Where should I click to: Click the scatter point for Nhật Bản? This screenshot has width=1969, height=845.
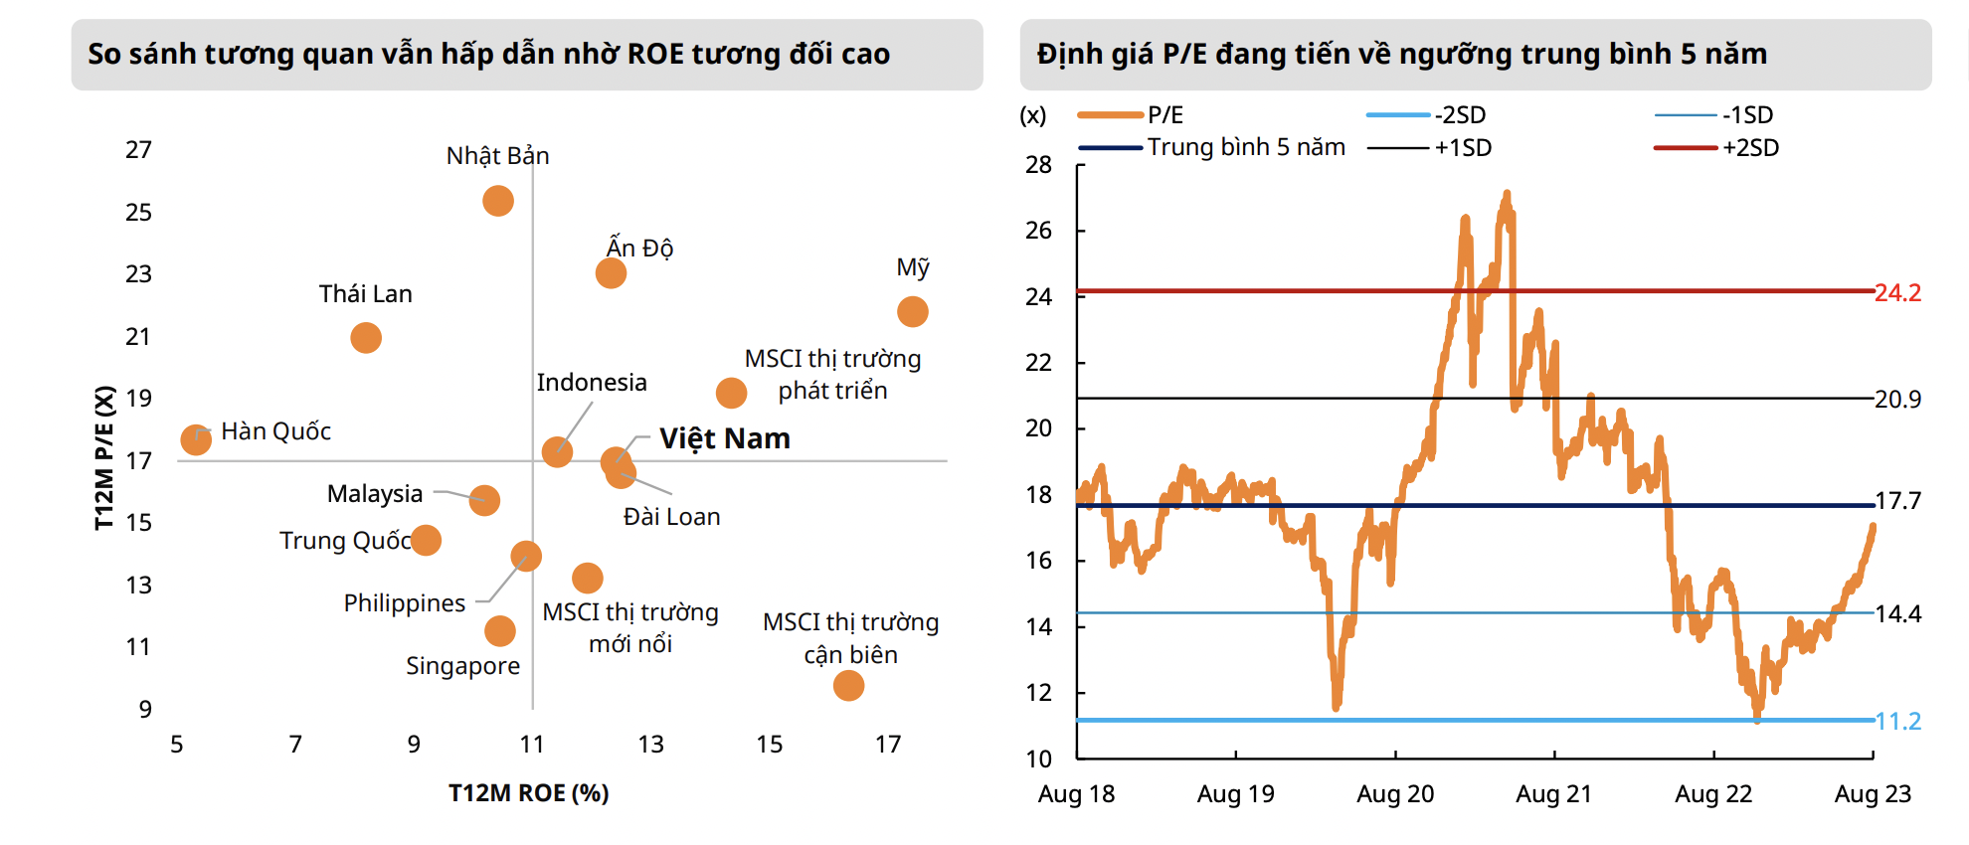point(498,201)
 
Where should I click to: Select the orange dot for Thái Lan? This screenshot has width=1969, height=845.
point(366,338)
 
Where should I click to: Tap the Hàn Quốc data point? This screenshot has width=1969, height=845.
point(196,439)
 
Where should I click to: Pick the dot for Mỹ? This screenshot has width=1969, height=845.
point(912,312)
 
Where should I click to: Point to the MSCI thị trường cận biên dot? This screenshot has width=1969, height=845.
point(848,685)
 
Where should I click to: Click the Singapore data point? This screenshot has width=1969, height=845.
point(500,630)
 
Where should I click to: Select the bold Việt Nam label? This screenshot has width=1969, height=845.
point(724,438)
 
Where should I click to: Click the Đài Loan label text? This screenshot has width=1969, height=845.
point(671,517)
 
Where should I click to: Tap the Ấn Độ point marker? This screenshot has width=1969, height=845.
point(611,272)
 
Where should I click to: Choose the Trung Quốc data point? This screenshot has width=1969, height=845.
point(426,540)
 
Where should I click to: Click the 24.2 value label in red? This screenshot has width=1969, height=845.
point(1897,293)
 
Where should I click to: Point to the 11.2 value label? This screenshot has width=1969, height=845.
point(1897,722)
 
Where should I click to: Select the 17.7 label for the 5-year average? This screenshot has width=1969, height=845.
point(1897,501)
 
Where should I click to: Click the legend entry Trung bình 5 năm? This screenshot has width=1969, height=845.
point(1245,147)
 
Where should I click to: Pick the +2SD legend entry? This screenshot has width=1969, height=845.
point(1750,148)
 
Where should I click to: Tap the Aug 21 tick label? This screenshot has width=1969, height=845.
point(1553,794)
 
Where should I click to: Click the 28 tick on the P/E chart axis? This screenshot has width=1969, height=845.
point(1038,165)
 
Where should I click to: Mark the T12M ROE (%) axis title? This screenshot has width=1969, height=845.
point(528,793)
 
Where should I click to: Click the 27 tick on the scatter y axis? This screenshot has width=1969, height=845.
point(138,150)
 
